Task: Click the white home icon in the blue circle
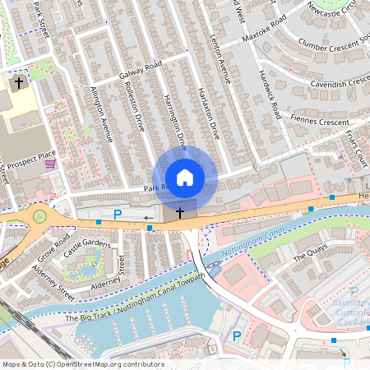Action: [x=185, y=177]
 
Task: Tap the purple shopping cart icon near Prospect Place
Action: [x=51, y=164]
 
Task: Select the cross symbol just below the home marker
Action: [x=180, y=212]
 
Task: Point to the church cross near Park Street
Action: [x=20, y=82]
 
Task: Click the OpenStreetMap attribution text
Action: [x=82, y=364]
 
